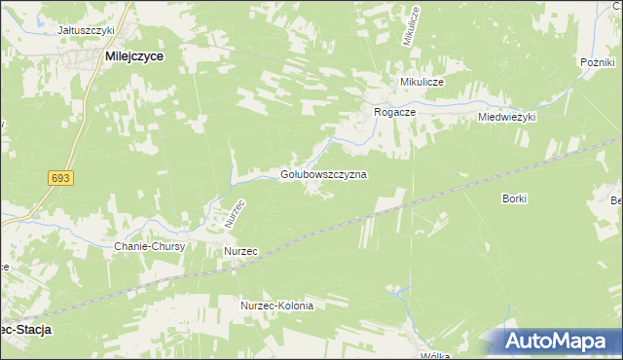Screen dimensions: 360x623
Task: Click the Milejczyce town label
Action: [133, 57]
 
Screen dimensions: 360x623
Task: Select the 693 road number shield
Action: [60, 178]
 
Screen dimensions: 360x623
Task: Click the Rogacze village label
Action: [396, 113]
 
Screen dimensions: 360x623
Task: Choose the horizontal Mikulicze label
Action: [420, 83]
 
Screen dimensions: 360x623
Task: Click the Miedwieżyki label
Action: [507, 117]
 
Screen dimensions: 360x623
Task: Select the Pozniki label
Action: [594, 62]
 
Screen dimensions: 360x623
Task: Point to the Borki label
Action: [515, 198]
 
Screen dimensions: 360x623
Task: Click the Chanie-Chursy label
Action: [150, 247]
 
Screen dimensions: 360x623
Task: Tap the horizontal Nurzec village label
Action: [240, 251]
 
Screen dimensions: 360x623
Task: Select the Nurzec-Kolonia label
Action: [277, 306]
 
